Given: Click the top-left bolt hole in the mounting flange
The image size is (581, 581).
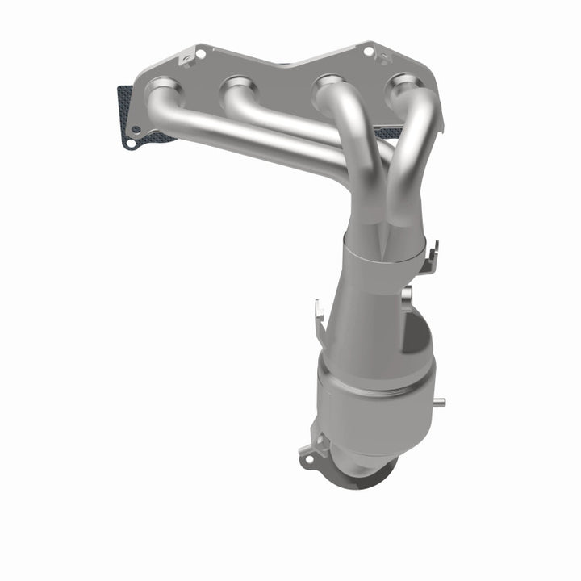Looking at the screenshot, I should tap(200, 54).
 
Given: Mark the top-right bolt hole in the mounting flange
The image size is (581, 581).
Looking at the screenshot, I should tap(369, 51).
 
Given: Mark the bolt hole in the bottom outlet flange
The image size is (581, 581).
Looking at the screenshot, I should tap(307, 460).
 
